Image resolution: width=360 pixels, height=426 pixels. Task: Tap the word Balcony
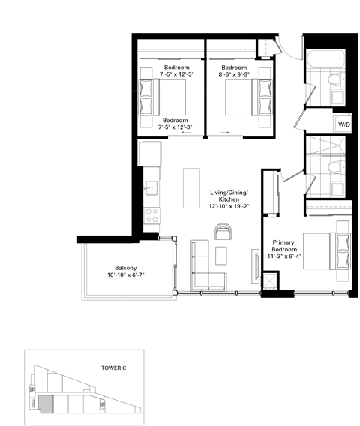pyautogui.click(x=125, y=268)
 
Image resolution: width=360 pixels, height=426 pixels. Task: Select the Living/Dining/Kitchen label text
pyautogui.click(x=225, y=197)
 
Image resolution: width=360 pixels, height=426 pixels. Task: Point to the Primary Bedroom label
pyautogui.click(x=283, y=247)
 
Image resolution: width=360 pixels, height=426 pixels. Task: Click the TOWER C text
pyautogui.click(x=115, y=368)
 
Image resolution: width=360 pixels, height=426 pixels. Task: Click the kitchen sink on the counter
pyautogui.click(x=152, y=185)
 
